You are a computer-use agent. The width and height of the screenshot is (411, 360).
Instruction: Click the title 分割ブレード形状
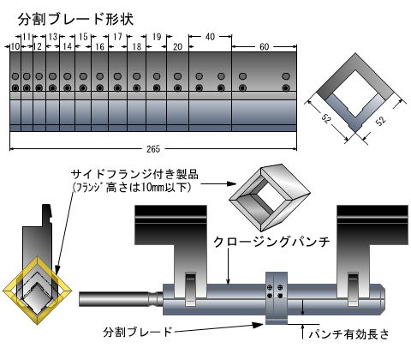(x=75, y=20)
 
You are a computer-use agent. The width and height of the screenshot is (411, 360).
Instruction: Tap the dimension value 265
(x=153, y=149)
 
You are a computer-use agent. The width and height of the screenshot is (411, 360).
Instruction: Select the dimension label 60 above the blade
(x=265, y=46)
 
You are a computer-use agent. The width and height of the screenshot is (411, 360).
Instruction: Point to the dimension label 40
(x=210, y=37)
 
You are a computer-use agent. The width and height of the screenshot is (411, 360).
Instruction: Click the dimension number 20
(x=177, y=46)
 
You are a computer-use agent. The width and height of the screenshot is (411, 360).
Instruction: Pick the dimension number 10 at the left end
(x=15, y=46)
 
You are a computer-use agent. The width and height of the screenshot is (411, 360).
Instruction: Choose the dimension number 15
(x=83, y=37)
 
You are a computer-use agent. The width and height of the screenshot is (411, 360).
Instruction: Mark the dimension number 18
(x=137, y=46)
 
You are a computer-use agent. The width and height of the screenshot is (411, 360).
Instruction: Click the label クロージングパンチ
(x=271, y=243)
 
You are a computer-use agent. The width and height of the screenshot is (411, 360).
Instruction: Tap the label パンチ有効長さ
(x=349, y=333)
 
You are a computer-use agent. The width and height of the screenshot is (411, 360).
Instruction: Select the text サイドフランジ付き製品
(x=134, y=174)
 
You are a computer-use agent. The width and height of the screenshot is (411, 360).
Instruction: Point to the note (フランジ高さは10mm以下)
(x=131, y=188)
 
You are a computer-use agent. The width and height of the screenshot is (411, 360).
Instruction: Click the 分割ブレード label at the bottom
(x=138, y=332)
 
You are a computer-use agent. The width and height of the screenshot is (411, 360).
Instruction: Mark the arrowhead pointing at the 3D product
(x=232, y=183)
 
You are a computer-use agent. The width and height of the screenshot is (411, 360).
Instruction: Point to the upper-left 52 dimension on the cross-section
(x=326, y=118)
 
